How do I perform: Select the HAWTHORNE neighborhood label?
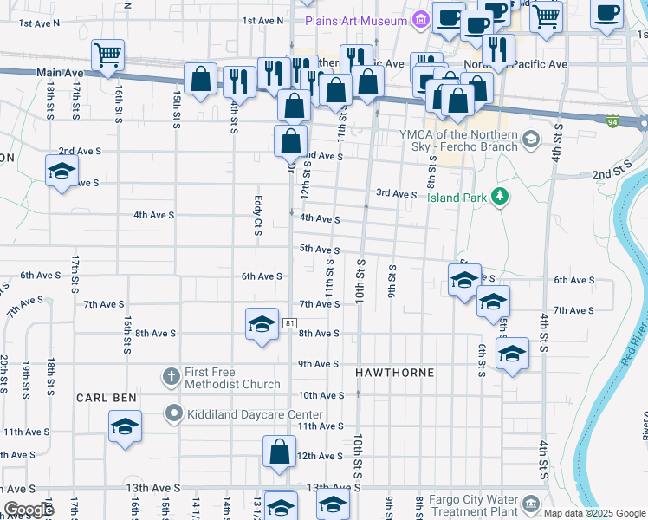[x=394, y=372]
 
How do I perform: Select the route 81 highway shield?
[x=289, y=323]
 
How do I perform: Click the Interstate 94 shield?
[x=612, y=122]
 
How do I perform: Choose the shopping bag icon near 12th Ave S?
[x=279, y=452]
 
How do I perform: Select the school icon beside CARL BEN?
[x=125, y=426]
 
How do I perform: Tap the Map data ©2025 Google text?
[x=593, y=513]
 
